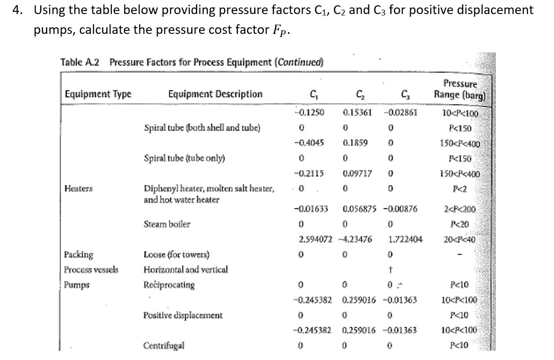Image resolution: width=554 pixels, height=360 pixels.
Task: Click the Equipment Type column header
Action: click(98, 94)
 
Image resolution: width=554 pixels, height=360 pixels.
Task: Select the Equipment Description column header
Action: click(215, 94)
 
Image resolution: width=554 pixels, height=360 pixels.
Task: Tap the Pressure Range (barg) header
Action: click(460, 89)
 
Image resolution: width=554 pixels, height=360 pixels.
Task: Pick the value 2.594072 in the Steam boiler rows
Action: click(315, 239)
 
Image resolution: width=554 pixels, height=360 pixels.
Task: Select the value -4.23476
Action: click(355, 239)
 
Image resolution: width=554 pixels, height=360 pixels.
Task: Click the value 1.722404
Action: click(406, 239)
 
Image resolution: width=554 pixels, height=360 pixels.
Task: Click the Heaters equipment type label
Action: click(78, 188)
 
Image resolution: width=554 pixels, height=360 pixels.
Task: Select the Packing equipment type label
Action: click(79, 254)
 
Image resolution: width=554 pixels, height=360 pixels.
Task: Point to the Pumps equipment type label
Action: click(77, 285)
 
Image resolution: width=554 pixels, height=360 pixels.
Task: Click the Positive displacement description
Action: click(183, 315)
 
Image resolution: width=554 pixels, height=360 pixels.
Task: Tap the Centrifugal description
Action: click(163, 345)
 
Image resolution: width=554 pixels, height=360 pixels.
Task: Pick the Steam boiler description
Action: click(167, 224)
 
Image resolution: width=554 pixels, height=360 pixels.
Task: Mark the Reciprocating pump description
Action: click(169, 285)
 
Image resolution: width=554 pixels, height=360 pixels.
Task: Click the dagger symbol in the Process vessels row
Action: click(391, 269)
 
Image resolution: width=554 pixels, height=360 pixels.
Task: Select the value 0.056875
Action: click(359, 209)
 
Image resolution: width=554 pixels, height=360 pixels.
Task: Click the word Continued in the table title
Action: click(299, 62)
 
